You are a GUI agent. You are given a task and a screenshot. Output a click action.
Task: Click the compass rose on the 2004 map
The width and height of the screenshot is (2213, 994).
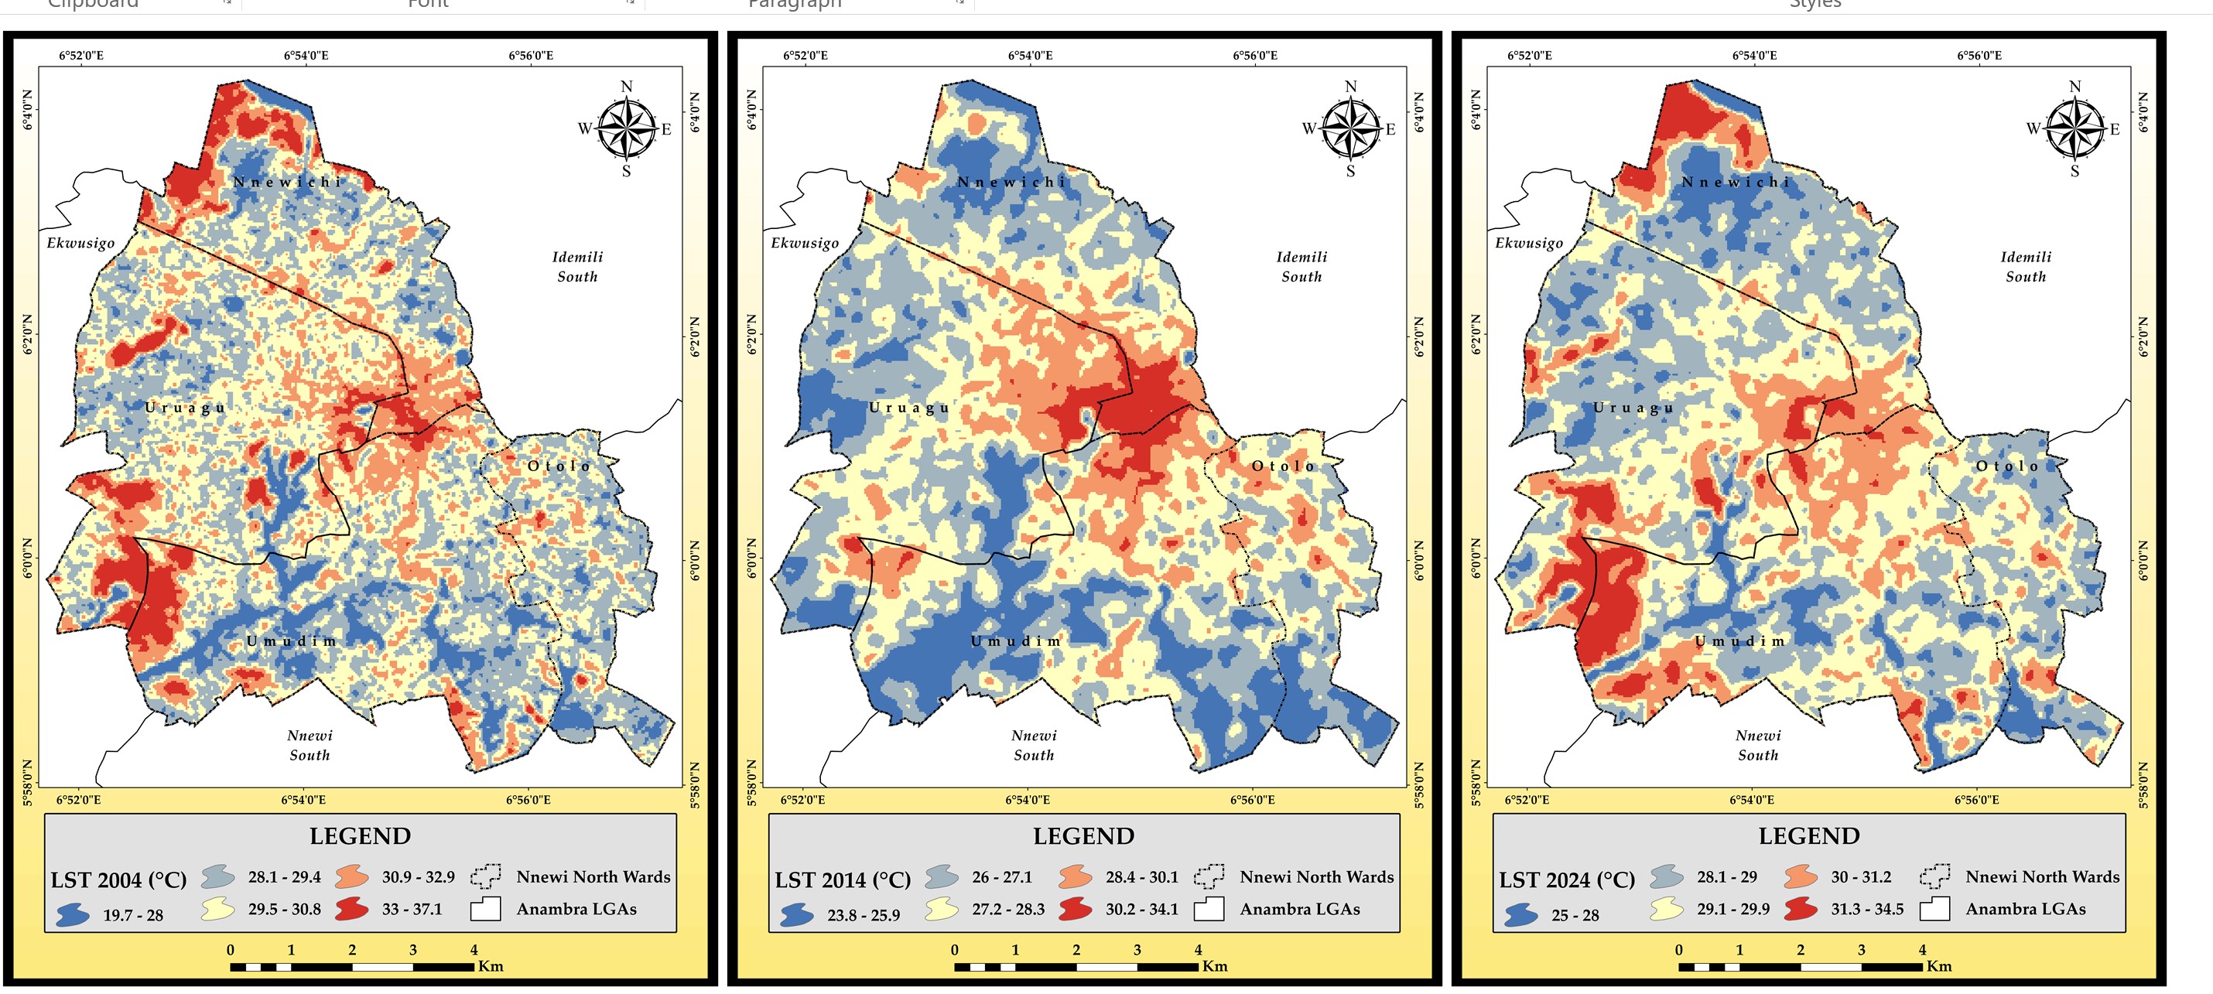(626, 129)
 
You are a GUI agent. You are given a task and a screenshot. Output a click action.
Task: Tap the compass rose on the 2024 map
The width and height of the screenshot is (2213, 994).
(2074, 129)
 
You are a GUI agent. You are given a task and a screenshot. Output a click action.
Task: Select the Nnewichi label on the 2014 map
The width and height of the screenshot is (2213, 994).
(1011, 182)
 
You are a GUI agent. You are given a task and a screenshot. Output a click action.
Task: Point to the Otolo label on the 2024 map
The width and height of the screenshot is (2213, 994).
(2007, 466)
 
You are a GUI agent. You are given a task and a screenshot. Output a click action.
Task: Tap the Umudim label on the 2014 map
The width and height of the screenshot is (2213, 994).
(1016, 641)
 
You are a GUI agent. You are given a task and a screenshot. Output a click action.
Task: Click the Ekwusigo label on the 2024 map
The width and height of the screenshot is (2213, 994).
(1528, 243)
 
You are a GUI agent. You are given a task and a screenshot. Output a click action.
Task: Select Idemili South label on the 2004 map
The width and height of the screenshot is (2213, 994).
(577, 266)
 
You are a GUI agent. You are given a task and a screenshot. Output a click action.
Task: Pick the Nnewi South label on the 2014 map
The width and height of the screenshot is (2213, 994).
(1034, 745)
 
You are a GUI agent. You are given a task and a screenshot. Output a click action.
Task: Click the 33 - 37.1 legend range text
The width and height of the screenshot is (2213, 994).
(412, 909)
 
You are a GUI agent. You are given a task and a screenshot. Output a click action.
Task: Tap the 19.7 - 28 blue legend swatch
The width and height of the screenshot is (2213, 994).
(73, 914)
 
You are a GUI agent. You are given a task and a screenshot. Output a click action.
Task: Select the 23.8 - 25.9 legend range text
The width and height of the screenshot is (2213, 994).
(864, 915)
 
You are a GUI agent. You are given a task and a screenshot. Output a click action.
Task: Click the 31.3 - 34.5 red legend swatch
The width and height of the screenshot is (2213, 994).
(1801, 909)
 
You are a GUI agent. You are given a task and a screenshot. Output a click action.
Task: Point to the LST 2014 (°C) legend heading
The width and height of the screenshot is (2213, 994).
(842, 880)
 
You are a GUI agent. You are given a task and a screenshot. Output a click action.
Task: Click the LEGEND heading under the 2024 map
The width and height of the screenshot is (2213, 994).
(1808, 836)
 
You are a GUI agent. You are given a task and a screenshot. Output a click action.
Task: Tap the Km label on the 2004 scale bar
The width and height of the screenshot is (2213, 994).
(491, 965)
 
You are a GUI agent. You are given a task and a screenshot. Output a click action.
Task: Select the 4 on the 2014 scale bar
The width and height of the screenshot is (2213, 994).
(1198, 949)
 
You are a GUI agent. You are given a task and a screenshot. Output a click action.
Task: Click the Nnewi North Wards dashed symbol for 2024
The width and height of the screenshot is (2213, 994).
(1934, 876)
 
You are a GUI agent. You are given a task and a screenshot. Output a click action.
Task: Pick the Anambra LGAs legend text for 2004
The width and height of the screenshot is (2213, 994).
(576, 909)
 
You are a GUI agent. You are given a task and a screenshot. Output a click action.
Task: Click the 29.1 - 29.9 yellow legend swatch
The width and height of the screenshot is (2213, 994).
(1667, 909)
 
